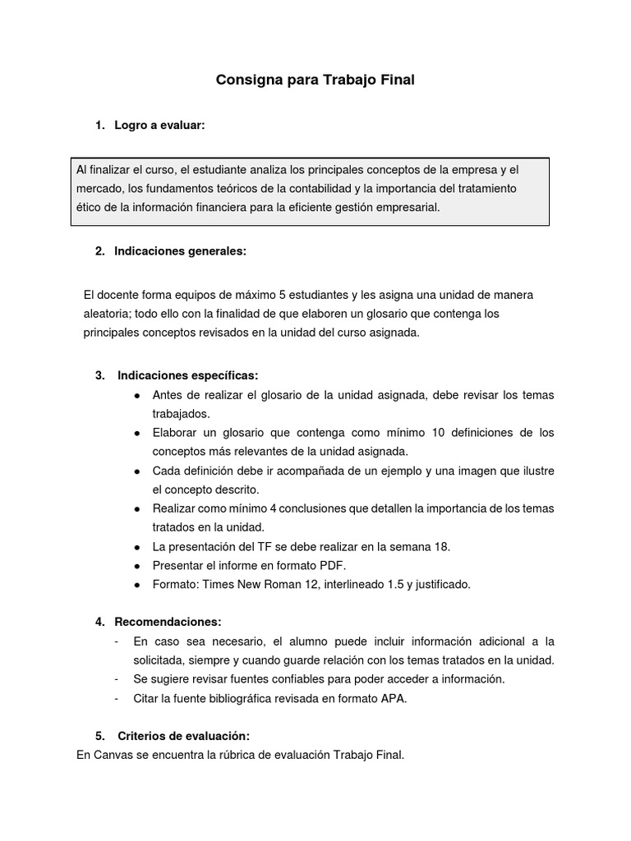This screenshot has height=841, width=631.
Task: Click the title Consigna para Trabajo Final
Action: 315,80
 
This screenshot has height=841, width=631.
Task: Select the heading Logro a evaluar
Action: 159,125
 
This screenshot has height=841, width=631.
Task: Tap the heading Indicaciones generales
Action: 180,251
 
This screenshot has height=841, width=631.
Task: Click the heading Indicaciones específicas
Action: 188,375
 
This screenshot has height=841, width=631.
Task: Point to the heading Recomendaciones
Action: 168,622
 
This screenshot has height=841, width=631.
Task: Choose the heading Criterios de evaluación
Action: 183,735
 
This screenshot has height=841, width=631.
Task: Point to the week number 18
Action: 442,546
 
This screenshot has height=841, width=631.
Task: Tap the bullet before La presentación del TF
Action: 136,547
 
